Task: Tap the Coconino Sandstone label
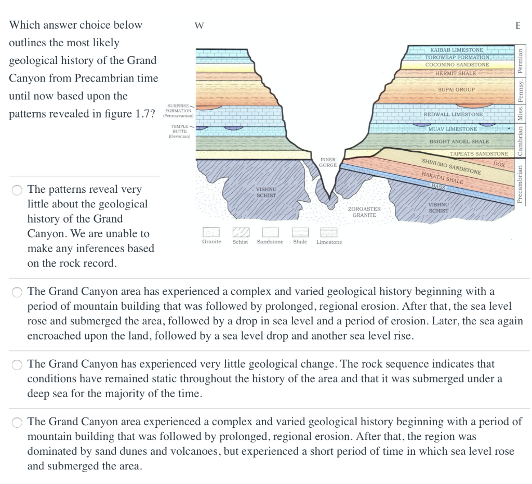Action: pyautogui.click(x=457, y=65)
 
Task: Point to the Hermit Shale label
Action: pyautogui.click(x=455, y=73)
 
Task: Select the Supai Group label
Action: pyautogui.click(x=456, y=89)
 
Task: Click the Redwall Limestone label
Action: pyautogui.click(x=453, y=114)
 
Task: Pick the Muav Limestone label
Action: pyautogui.click(x=453, y=129)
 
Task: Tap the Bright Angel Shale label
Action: pyautogui.click(x=459, y=141)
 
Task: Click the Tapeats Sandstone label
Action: pyautogui.click(x=478, y=154)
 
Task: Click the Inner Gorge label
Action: pyautogui.click(x=328, y=162)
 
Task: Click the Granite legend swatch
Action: pyautogui.click(x=211, y=232)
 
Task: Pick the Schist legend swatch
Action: pyautogui.click(x=240, y=232)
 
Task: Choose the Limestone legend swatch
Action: pyautogui.click(x=329, y=232)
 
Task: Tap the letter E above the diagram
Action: pyautogui.click(x=517, y=25)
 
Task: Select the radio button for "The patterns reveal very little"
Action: pyautogui.click(x=18, y=190)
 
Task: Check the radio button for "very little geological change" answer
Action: pyautogui.click(x=18, y=364)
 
